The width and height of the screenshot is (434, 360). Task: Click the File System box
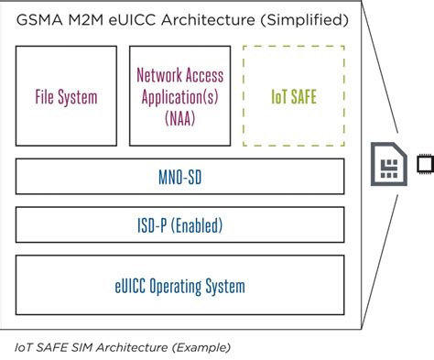point(66,94)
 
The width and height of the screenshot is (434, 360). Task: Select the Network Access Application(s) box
point(179,94)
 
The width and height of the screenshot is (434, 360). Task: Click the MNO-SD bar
point(180,176)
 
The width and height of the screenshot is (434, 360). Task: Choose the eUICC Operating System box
point(180,286)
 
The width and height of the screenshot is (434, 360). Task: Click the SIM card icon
point(388,165)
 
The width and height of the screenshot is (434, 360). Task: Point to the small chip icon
point(425,165)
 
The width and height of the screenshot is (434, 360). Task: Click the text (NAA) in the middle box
point(179,117)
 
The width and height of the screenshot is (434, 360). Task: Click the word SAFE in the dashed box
point(304,94)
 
